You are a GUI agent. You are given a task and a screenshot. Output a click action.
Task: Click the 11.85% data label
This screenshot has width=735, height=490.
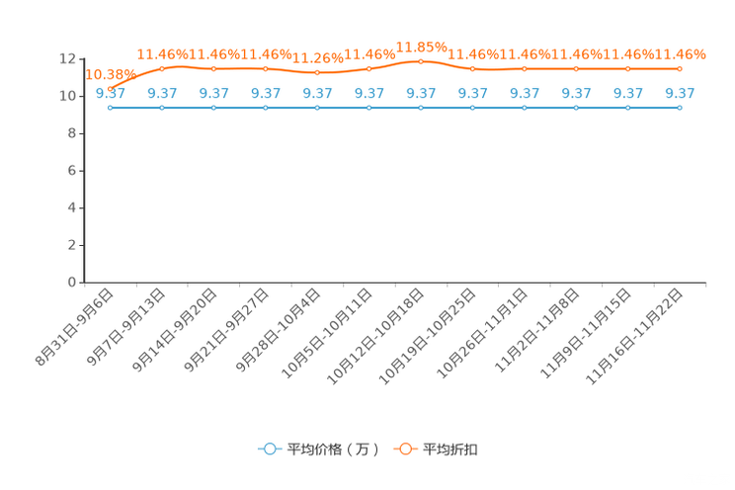coord(422,47)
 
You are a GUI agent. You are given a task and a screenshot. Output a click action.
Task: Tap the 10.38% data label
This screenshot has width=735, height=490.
coord(111,74)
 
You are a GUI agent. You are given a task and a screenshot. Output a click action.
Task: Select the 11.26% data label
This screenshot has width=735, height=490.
coord(318,58)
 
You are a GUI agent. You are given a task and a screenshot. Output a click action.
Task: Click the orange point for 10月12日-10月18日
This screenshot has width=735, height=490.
coord(421,61)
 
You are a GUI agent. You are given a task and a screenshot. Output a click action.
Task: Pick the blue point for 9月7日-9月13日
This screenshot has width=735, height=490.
coord(162,108)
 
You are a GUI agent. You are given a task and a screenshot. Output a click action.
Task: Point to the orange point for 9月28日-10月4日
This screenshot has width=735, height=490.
coord(317,73)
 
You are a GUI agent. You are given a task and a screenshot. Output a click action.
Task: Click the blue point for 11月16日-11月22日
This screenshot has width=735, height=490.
coord(680,108)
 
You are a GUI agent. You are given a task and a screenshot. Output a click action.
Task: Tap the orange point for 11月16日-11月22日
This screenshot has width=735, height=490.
coord(680,69)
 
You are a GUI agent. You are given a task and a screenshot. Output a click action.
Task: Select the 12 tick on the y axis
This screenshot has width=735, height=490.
coord(67,59)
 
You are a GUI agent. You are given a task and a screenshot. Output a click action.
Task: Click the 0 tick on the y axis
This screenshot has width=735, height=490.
coord(72,283)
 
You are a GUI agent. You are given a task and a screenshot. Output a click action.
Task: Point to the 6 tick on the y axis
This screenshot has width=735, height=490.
coord(72,171)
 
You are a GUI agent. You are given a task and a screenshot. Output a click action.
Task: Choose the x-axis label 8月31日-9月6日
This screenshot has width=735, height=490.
coord(74,327)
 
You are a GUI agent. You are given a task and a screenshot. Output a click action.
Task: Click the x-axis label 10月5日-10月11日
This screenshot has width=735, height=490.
coord(327,333)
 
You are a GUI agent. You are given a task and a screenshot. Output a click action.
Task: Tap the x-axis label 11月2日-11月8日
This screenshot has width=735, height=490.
coord(537,331)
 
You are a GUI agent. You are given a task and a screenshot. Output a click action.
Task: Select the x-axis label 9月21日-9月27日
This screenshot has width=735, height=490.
coord(226,331)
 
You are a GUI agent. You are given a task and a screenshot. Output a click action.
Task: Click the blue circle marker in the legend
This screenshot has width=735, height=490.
coord(270,449)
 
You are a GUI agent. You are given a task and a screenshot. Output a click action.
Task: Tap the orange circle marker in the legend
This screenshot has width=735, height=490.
coord(405,449)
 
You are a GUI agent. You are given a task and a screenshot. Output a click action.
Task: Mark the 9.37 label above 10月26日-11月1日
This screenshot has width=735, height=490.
coord(525,93)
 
